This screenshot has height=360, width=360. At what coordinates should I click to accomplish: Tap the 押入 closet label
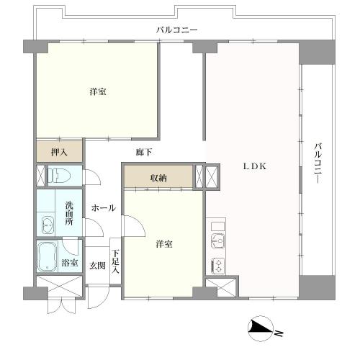(59, 153)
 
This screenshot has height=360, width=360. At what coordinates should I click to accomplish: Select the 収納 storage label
(159, 178)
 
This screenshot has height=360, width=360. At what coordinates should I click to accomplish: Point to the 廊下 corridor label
(143, 152)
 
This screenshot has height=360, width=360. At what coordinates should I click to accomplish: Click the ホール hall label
(104, 207)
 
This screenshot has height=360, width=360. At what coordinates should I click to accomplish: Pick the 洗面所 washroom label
(70, 212)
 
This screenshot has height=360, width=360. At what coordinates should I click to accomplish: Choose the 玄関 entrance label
(96, 266)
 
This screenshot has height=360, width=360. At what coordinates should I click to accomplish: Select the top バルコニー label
(177, 30)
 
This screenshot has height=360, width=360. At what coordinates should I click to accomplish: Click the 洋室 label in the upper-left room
(99, 92)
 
